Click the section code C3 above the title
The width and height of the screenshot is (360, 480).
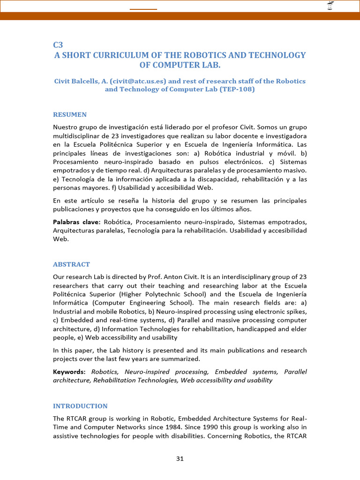(58, 45)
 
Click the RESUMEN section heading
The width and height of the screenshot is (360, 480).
(69, 114)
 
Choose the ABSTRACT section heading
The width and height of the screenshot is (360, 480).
(71, 264)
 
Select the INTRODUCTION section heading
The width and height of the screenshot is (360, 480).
(80, 406)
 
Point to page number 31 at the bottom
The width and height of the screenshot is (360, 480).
(180, 459)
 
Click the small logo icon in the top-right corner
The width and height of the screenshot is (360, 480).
(330, 6)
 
